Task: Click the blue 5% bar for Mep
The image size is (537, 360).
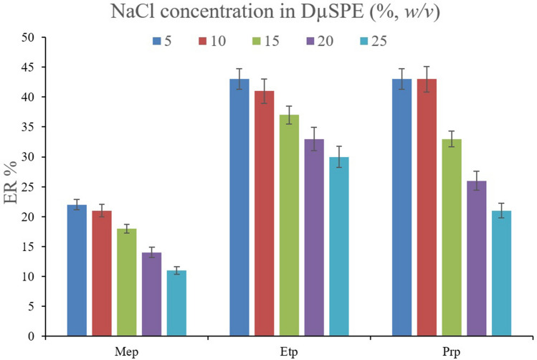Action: tap(76, 270)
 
